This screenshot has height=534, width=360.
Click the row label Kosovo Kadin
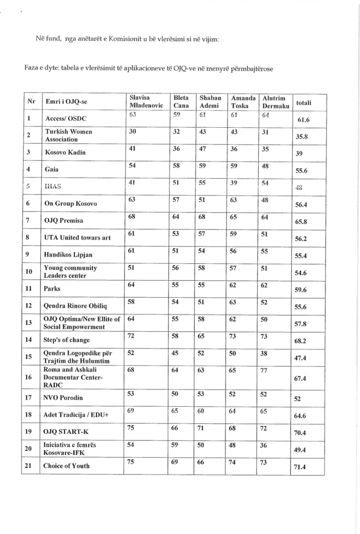65,152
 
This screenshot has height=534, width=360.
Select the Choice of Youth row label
66,466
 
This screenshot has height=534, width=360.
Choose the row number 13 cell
29,323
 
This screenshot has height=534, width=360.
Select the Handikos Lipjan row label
68,255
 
